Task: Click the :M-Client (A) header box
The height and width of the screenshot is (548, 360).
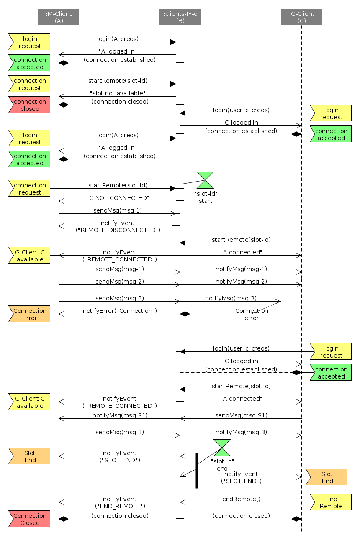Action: coord(59,17)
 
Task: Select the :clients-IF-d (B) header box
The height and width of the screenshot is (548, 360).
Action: coord(180,17)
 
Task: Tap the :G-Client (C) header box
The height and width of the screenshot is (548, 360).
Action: coord(301,17)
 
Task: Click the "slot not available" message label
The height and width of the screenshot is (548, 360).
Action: coord(118,93)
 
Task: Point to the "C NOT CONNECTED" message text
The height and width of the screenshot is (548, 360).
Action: coord(118,198)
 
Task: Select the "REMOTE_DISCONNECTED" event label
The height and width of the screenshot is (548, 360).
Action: coord(118,230)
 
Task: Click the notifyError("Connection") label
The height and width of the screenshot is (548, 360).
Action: coord(120,311)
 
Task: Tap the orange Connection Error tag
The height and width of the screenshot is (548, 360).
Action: coord(29,314)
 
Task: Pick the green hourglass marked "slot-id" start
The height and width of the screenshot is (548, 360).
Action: coord(206,180)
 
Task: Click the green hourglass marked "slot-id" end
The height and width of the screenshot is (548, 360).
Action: coord(222,448)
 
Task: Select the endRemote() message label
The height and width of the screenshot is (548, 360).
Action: coord(241,499)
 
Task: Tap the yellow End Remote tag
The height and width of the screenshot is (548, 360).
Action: coord(331,502)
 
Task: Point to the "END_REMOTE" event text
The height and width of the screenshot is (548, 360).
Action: coord(120,506)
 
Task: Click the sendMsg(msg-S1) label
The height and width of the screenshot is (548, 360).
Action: coord(241,415)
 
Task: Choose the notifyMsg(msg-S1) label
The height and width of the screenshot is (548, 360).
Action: coord(120,415)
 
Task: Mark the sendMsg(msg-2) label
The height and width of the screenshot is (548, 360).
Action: coord(120,282)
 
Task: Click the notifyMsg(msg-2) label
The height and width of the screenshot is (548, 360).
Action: coord(241,282)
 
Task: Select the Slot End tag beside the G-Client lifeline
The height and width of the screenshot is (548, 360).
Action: coord(327,477)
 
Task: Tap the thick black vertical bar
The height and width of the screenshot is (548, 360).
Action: coord(197,471)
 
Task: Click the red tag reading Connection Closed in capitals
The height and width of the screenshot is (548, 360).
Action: coord(29,519)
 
